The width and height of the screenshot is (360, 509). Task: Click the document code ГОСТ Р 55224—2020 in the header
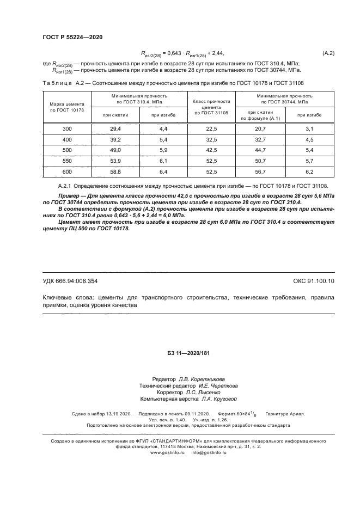72,37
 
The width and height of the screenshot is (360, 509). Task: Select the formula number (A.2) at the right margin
328,53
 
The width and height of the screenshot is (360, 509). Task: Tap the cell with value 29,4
115,128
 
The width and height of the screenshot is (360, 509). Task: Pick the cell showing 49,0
115,150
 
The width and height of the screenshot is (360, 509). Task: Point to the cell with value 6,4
163,171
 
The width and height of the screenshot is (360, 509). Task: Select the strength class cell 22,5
211,128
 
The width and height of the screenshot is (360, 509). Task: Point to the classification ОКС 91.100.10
314,281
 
